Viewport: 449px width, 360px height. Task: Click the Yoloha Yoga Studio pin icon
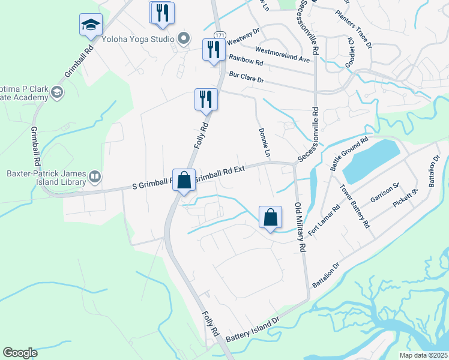pos(184,40)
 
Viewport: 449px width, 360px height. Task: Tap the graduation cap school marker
pos(90,26)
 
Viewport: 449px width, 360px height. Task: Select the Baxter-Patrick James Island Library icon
pos(94,176)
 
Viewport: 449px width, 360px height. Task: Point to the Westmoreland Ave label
pos(282,50)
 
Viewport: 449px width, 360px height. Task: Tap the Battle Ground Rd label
pos(349,154)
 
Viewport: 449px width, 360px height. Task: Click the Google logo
pos(20,353)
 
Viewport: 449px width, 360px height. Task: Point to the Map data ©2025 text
pos(423,355)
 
